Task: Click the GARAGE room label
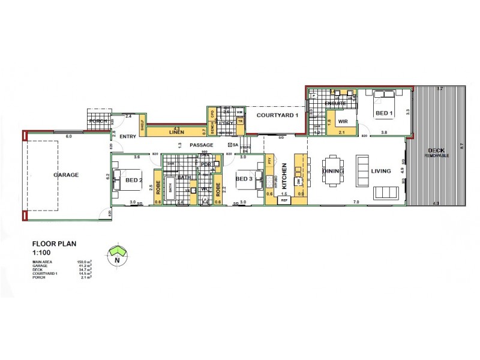(67, 175)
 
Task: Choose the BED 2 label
(133, 180)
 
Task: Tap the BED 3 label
(244, 179)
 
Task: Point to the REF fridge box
(284, 201)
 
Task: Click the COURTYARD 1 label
(274, 115)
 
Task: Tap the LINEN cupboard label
(176, 131)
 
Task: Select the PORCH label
(98, 121)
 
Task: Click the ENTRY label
(128, 137)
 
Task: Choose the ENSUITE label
(334, 104)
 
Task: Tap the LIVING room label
(381, 171)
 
